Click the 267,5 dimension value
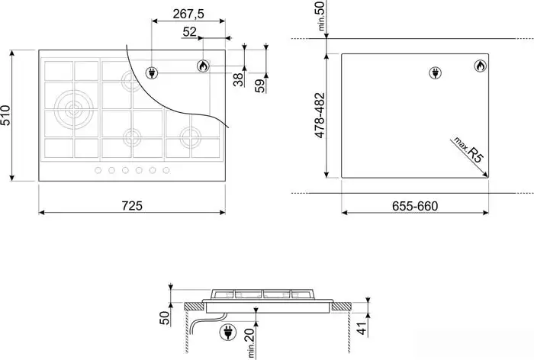click(188, 14)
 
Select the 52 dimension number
click(190, 32)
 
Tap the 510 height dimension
click(6, 115)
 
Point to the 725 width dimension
click(132, 206)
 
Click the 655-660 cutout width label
click(415, 206)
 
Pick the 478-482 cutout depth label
click(320, 115)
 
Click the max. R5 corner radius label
click(468, 149)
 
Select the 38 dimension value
click(238, 79)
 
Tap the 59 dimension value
click(260, 86)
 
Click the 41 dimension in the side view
click(362, 328)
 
